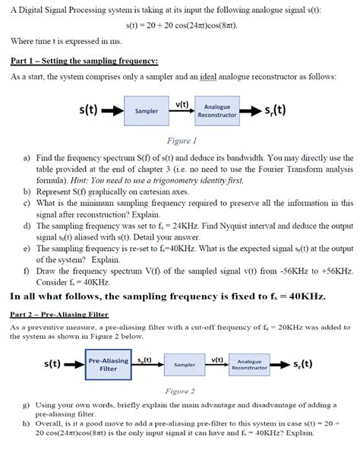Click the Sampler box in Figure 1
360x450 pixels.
146,110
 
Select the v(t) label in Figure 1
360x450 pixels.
182,103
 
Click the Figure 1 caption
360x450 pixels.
180,140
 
